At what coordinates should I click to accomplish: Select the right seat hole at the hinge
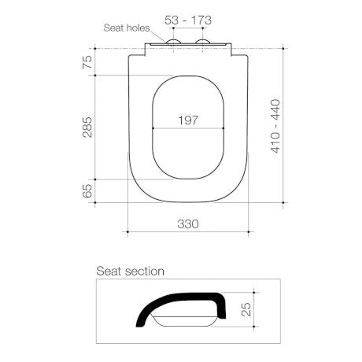tap(203, 42)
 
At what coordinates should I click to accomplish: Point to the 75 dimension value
tap(87, 61)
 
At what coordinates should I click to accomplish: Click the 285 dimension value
tap(87, 127)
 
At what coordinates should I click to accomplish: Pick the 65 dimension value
tap(87, 190)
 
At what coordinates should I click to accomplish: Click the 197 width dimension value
tap(187, 120)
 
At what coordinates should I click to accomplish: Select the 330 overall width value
tap(187, 224)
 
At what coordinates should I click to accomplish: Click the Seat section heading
tap(130, 271)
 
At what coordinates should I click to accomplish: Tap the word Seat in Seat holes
tap(114, 27)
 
